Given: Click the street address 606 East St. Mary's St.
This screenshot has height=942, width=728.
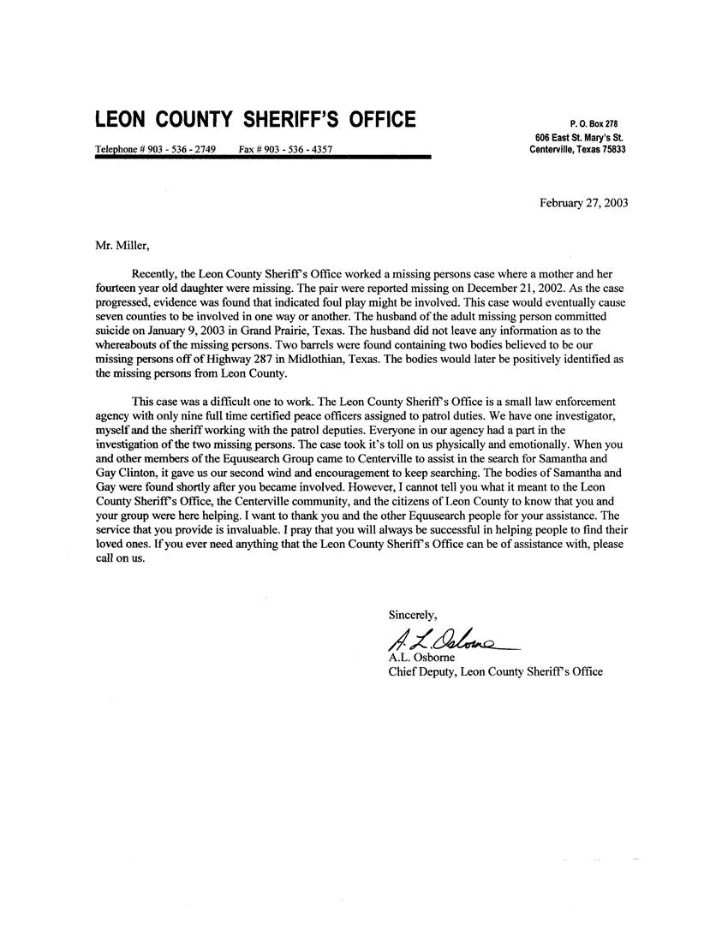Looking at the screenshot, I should tap(578, 137).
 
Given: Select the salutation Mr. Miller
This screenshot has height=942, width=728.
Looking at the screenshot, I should tap(121, 247).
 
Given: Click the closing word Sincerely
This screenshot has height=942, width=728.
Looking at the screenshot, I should tap(413, 614).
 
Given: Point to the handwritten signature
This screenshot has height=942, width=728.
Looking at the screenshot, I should tap(447, 639).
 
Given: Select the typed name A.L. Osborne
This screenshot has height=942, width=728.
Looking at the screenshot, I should tap(421, 657).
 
